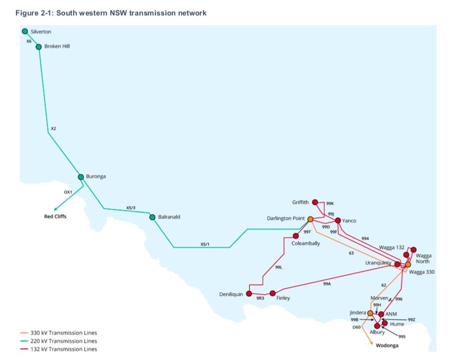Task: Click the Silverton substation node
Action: (24, 31)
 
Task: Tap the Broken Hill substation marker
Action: (39, 47)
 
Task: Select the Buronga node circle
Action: (81, 177)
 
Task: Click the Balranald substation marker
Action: (153, 217)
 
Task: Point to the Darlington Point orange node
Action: (310, 218)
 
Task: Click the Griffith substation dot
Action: (315, 202)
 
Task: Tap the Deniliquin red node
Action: (249, 294)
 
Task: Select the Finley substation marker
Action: (272, 293)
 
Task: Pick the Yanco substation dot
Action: (338, 220)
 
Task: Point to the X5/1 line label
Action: (205, 243)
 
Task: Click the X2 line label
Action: (53, 128)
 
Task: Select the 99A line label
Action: (327, 284)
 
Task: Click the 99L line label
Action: (279, 267)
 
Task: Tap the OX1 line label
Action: (68, 192)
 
